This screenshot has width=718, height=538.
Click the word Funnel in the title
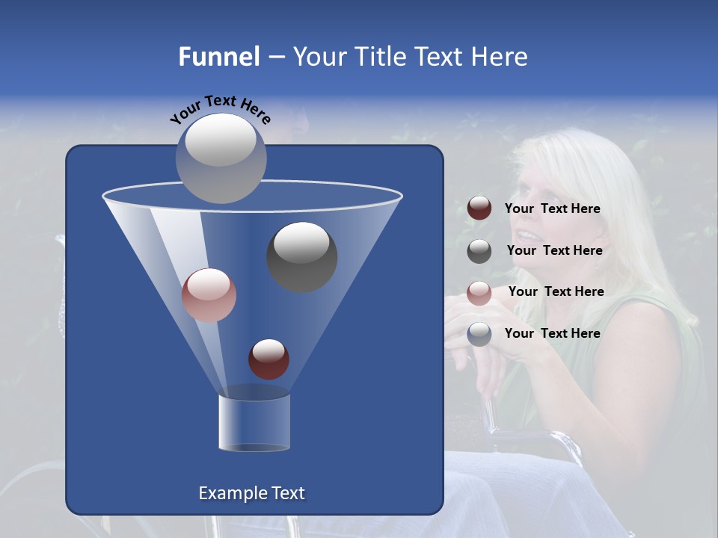pyautogui.click(x=218, y=57)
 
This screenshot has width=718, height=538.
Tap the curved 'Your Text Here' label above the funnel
pyautogui.click(x=221, y=109)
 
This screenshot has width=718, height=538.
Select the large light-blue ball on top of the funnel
pyautogui.click(x=221, y=158)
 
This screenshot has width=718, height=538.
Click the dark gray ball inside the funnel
pyautogui.click(x=302, y=257)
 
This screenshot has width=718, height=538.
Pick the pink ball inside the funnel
pyautogui.click(x=209, y=295)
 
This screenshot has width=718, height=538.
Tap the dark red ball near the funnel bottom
pyautogui.click(x=269, y=359)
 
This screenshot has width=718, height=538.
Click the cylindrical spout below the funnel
pyautogui.click(x=254, y=422)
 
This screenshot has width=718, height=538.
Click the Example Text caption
pyautogui.click(x=252, y=493)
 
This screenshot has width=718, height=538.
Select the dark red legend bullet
pyautogui.click(x=479, y=208)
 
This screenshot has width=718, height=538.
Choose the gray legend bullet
pyautogui.click(x=479, y=251)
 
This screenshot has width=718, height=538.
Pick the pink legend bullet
pyautogui.click(x=479, y=293)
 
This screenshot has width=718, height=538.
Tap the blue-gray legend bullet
pyautogui.click(x=479, y=334)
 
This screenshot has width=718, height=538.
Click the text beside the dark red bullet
pyautogui.click(x=552, y=209)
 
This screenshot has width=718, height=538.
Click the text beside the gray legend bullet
pyautogui.click(x=554, y=251)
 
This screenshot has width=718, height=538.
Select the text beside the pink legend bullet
pyautogui.click(x=556, y=292)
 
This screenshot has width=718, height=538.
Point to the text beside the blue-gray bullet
pyautogui.click(x=552, y=334)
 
